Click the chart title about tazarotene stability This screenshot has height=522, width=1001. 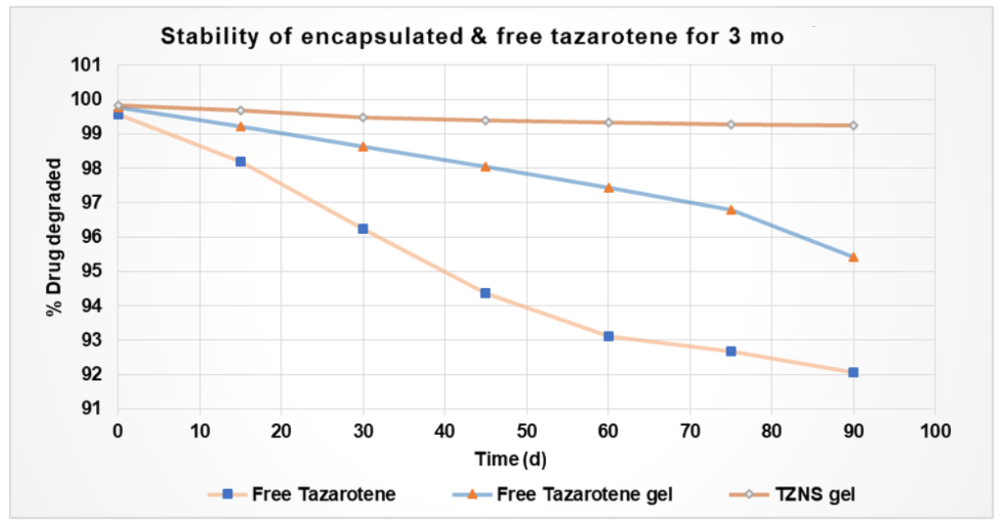(x=471, y=37)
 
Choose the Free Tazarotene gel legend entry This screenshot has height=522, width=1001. (x=565, y=494)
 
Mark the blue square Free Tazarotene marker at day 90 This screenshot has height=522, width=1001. (x=853, y=373)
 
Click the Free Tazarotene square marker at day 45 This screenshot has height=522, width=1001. (x=485, y=293)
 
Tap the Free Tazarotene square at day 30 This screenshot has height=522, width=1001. (x=362, y=229)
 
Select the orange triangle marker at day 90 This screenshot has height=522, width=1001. (x=853, y=257)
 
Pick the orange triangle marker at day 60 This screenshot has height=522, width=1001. (x=608, y=187)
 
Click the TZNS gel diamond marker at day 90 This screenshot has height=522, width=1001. (x=853, y=126)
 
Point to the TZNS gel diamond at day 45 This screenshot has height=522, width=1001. (x=485, y=121)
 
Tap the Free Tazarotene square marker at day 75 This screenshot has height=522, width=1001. (x=730, y=351)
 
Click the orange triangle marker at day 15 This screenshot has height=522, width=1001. (x=240, y=126)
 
